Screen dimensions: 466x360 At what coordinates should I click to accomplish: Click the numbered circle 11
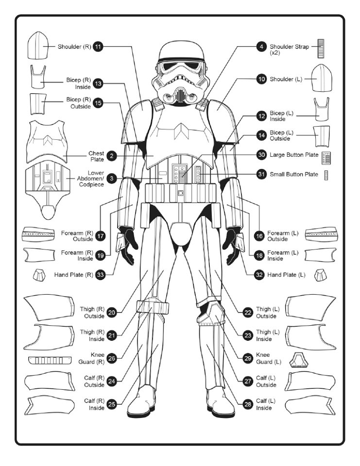coord(98,47)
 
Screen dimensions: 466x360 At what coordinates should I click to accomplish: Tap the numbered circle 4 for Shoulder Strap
coord(261,47)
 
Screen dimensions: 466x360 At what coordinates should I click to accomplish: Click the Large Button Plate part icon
coord(326,157)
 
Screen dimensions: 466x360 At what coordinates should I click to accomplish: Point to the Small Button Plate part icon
coord(326,175)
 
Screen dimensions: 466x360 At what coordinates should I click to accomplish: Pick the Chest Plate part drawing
coord(48,141)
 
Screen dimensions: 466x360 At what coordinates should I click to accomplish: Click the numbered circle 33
coord(101,275)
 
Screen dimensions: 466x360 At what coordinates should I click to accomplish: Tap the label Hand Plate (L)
coord(286,275)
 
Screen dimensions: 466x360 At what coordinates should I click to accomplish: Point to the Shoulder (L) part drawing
coord(321,79)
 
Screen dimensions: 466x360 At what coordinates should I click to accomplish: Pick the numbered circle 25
coord(112,404)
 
